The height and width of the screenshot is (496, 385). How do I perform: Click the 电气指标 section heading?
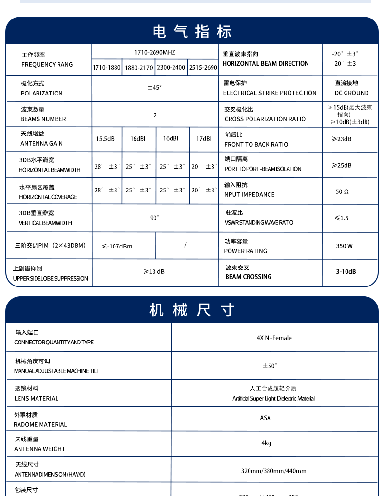tap(192, 32)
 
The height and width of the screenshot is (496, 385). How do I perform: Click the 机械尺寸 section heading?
tap(192, 310)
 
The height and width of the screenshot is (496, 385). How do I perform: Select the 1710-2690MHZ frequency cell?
tap(155, 52)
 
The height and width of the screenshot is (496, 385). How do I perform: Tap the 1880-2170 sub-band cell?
tap(138, 68)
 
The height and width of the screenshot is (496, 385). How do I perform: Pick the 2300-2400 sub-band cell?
tap(171, 68)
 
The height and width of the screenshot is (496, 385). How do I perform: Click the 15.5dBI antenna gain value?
tap(106, 139)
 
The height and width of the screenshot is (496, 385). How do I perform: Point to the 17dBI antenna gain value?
tap(204, 139)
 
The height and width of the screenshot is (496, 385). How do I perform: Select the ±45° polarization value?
tap(154, 88)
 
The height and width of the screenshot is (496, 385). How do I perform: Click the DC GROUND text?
tap(351, 93)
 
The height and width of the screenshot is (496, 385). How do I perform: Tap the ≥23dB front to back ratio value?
tap(342, 139)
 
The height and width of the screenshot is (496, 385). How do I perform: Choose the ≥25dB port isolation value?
tap(342, 166)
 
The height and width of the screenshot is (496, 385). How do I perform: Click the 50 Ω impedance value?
tap(342, 192)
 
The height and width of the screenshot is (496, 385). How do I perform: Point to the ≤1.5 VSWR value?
tap(342, 218)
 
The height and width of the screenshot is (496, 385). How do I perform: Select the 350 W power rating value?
tap(344, 246)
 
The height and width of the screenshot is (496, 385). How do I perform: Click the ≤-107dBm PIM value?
tap(117, 247)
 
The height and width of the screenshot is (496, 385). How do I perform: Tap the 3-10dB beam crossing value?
tap(346, 272)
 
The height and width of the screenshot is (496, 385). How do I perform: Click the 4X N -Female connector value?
tap(274, 338)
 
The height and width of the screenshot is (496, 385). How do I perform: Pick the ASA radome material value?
tap(265, 418)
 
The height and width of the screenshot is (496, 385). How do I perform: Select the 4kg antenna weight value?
tap(266, 443)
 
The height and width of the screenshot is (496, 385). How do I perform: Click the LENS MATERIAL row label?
tap(37, 399)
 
